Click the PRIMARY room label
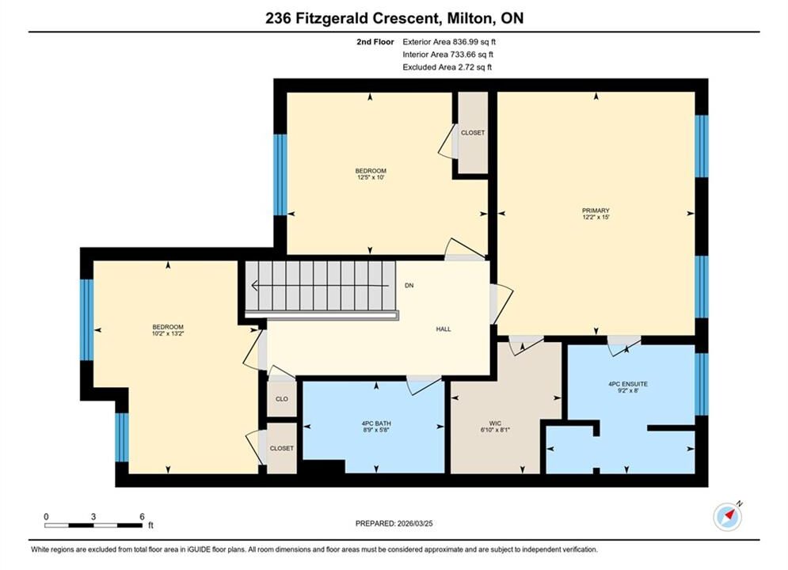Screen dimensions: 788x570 click(596, 211)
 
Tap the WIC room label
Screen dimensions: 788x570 click(495, 424)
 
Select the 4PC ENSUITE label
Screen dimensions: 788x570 click(628, 384)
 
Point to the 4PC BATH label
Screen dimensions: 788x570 click(376, 424)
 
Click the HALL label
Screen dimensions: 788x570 click(443, 329)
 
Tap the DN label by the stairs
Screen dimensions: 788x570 click(409, 285)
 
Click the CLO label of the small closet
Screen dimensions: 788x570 click(281, 399)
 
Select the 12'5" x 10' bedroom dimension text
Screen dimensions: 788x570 click(371, 177)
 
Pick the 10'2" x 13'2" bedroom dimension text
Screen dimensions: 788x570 click(168, 333)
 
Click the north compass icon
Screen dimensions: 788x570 click(728, 516)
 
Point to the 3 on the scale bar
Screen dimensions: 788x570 click(93, 516)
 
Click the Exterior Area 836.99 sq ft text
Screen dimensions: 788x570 click(449, 42)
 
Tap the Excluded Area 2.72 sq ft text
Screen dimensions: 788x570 click(447, 66)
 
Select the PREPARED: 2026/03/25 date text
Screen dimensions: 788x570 click(394, 523)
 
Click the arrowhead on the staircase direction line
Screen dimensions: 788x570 click(255, 286)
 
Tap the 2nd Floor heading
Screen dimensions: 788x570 click(375, 42)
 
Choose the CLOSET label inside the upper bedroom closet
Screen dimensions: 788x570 click(473, 132)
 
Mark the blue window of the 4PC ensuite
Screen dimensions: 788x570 click(702, 384)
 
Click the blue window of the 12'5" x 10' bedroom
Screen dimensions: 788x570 click(280, 175)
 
